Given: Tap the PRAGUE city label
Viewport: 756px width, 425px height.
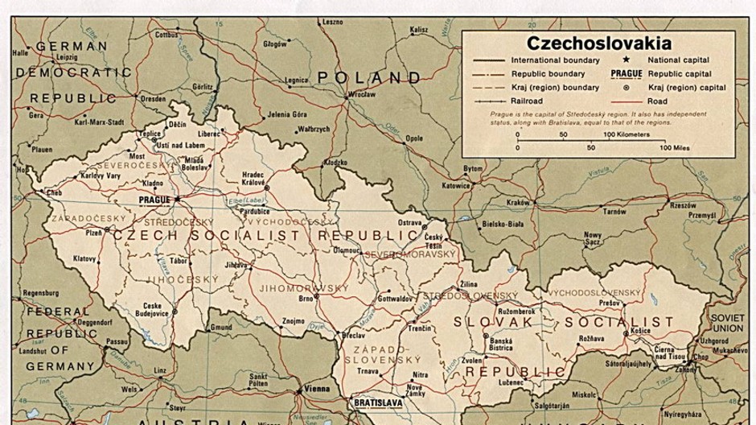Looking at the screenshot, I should pos(155,198).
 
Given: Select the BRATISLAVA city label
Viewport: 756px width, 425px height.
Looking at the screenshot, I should pos(379,400).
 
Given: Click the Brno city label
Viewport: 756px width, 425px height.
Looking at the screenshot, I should pos(306,299).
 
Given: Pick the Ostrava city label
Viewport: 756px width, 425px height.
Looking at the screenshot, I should pos(410,222).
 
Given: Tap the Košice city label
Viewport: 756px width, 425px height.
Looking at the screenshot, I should pos(640,331).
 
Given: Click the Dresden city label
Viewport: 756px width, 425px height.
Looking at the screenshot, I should pos(153,99).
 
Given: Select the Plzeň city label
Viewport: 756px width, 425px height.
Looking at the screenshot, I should pos(94,232).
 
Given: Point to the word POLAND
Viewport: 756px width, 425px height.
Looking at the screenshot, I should pos(368,78).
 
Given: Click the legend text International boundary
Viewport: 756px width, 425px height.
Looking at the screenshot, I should pos(555,60).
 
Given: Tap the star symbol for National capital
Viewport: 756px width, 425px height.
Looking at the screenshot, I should pos(624,60).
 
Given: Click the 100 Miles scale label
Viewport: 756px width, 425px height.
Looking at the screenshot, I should pos(676,148).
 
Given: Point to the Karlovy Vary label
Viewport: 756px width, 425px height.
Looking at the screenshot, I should pos(101,175).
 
